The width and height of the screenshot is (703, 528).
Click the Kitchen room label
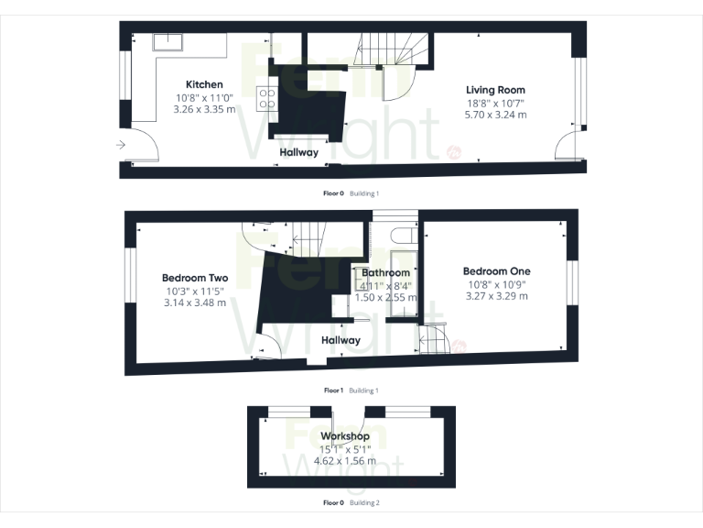pyautogui.click(x=204, y=84)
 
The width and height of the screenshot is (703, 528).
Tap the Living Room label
pyautogui.click(x=495, y=90)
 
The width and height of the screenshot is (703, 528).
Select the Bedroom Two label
pyautogui.click(x=195, y=278)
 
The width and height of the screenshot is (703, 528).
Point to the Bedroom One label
pyautogui.click(x=496, y=271)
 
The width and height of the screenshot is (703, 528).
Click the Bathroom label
pyautogui.click(x=385, y=273)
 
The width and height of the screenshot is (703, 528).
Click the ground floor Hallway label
pyautogui.click(x=299, y=153)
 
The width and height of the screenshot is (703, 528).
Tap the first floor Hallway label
pyautogui.click(x=341, y=340)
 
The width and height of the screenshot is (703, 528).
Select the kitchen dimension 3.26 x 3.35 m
pyautogui.click(x=204, y=108)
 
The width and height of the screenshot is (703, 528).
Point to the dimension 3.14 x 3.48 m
pyautogui.click(x=195, y=302)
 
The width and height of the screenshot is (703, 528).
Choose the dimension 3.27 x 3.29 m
pyautogui.click(x=496, y=295)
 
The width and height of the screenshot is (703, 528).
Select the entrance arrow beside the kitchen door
pyautogui.click(x=122, y=144)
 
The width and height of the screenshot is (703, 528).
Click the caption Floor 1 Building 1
pyautogui.click(x=351, y=390)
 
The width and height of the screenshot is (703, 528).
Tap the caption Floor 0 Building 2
pyautogui.click(x=351, y=502)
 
